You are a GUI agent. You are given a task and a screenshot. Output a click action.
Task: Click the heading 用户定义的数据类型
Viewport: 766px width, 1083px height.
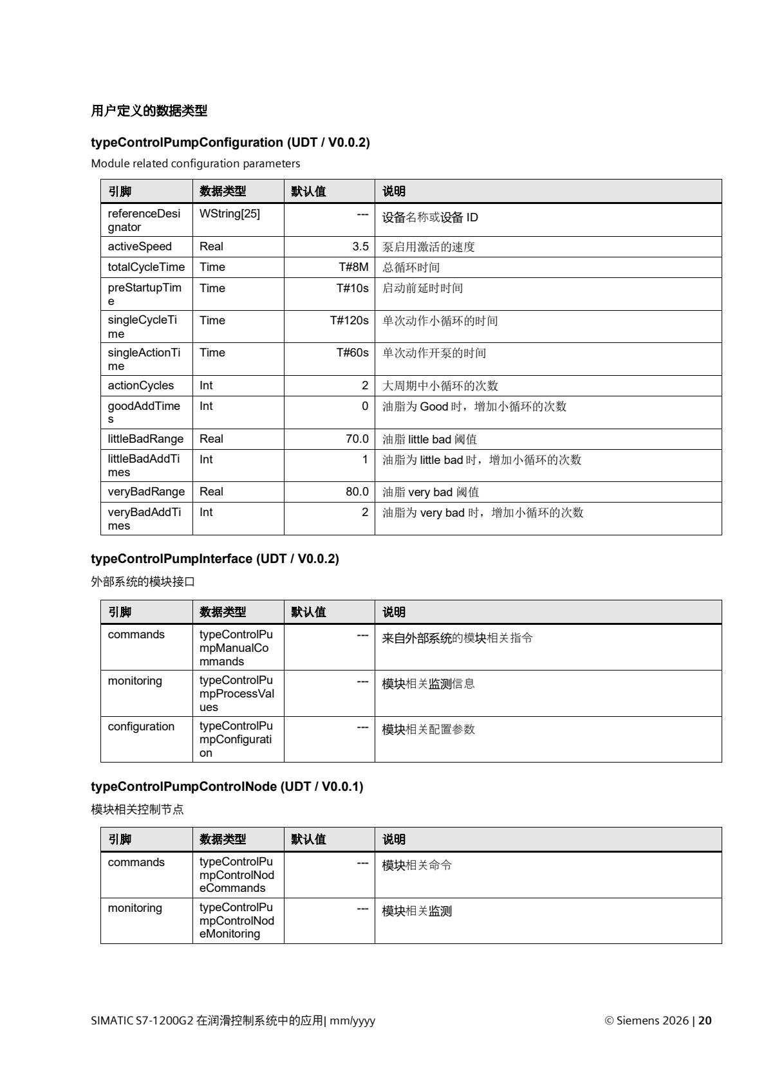(x=149, y=111)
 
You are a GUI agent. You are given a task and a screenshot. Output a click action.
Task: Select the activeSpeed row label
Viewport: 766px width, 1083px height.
(x=140, y=246)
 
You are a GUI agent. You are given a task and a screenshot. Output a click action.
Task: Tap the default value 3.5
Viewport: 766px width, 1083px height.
(x=360, y=246)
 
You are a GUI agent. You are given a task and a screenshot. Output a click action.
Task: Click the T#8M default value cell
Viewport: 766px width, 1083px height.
(x=353, y=267)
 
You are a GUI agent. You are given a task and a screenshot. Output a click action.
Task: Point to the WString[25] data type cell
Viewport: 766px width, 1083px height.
(x=230, y=214)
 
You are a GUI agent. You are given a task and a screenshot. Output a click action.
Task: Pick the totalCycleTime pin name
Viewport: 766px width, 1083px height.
(x=146, y=267)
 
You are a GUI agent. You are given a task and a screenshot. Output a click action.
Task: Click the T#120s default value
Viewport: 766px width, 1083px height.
(x=349, y=320)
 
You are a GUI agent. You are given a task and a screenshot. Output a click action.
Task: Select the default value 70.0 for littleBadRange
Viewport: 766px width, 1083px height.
(x=357, y=439)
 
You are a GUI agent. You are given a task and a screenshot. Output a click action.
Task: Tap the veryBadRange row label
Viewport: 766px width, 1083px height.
(x=146, y=492)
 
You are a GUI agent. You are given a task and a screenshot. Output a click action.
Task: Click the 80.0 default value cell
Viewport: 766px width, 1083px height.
(x=357, y=492)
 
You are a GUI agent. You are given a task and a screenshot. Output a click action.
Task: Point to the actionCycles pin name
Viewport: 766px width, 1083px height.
(x=141, y=385)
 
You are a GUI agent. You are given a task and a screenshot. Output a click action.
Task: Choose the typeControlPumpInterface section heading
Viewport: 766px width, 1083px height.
(x=215, y=559)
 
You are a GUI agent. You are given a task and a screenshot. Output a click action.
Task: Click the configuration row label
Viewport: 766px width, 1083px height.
(x=141, y=727)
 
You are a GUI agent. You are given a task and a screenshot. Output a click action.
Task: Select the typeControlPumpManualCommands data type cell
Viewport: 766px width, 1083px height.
(x=236, y=647)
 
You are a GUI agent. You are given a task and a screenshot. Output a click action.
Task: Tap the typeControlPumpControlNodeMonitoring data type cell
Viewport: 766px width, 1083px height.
(x=236, y=920)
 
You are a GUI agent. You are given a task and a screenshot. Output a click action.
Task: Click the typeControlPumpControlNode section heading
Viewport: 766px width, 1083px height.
(x=227, y=786)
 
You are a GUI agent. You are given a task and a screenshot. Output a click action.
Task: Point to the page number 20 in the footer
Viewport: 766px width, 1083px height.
(x=705, y=1021)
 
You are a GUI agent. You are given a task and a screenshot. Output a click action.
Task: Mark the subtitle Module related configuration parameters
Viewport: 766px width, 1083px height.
(x=196, y=163)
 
